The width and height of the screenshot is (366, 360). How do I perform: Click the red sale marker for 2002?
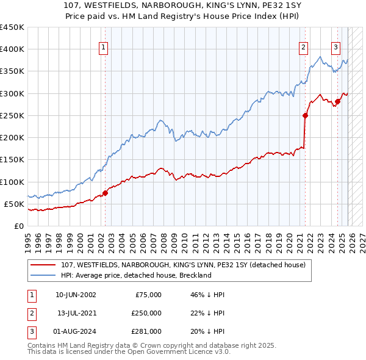coord(105,193)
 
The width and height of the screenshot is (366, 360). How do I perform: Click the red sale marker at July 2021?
coord(306,115)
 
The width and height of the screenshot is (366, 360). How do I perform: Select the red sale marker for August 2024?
coord(337,101)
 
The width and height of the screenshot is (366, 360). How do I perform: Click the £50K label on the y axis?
coord(13,204)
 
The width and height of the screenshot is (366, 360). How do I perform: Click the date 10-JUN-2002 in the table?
coord(76,295)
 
